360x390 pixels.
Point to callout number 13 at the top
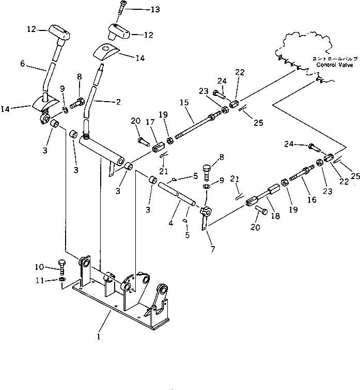coord(142,10)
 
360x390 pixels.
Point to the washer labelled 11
coord(62,279)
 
